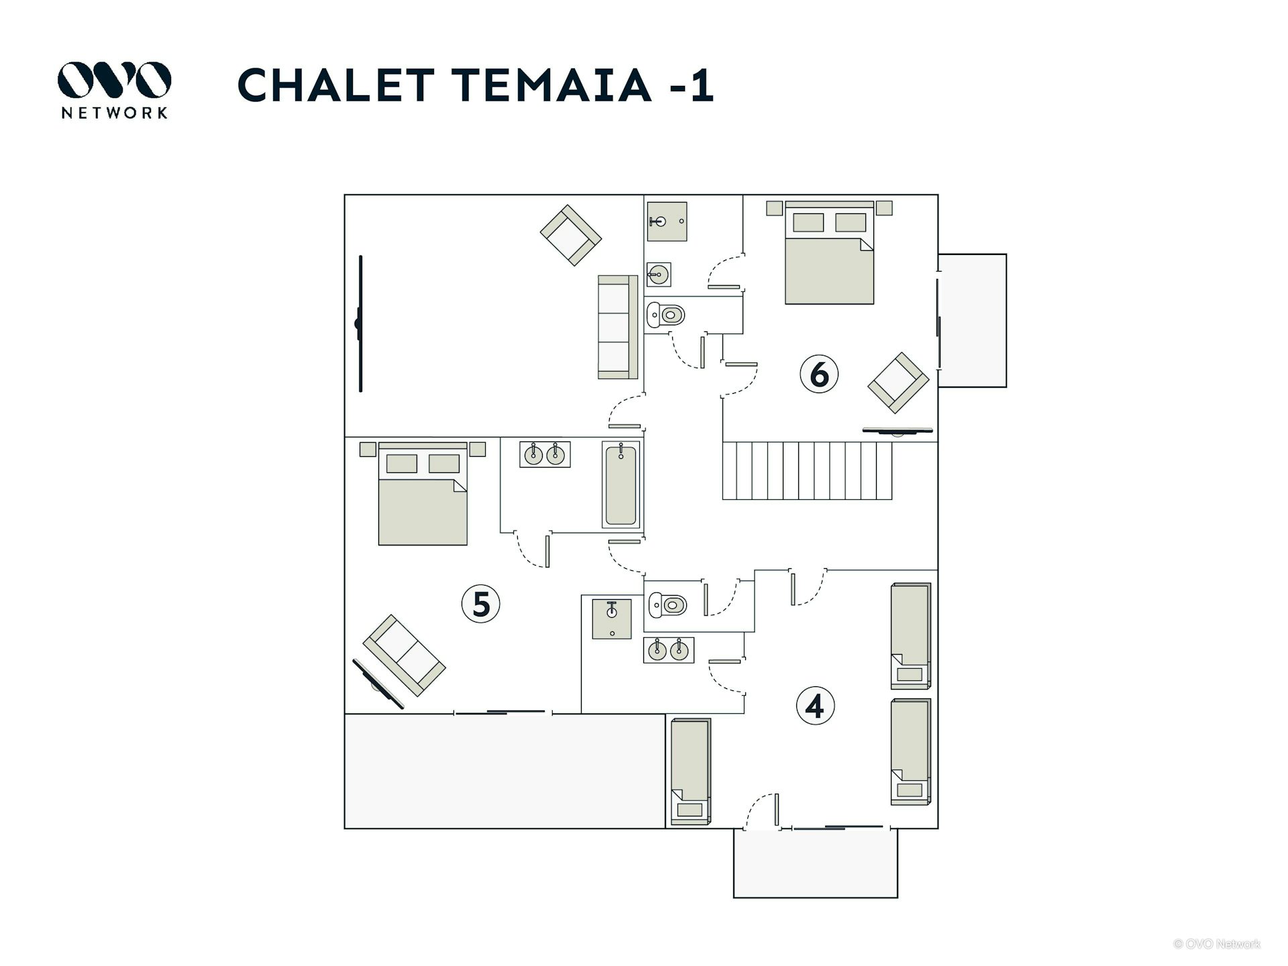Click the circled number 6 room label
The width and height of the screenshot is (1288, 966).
tap(819, 374)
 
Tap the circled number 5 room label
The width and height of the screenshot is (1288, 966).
tap(481, 604)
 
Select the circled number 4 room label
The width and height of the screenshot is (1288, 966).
tap(815, 706)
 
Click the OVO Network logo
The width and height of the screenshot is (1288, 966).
tap(114, 90)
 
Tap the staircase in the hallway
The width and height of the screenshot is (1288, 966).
tap(807, 470)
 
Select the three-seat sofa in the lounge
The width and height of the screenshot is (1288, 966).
tap(618, 327)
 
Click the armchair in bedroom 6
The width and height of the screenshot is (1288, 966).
tap(898, 382)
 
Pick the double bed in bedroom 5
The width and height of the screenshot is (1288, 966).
tap(423, 494)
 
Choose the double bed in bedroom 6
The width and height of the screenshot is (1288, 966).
tap(829, 253)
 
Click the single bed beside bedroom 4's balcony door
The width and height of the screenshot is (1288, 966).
tap(690, 771)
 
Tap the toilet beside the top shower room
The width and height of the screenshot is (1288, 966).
tap(665, 315)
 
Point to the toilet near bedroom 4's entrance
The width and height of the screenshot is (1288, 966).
tap(667, 605)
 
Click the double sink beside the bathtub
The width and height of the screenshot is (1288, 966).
tap(545, 454)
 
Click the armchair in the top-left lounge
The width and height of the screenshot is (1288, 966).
tap(571, 235)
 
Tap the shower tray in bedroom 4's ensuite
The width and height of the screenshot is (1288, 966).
tap(612, 619)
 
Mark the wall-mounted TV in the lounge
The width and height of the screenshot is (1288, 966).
tap(360, 323)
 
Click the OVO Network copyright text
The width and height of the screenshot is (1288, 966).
tap(1217, 944)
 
